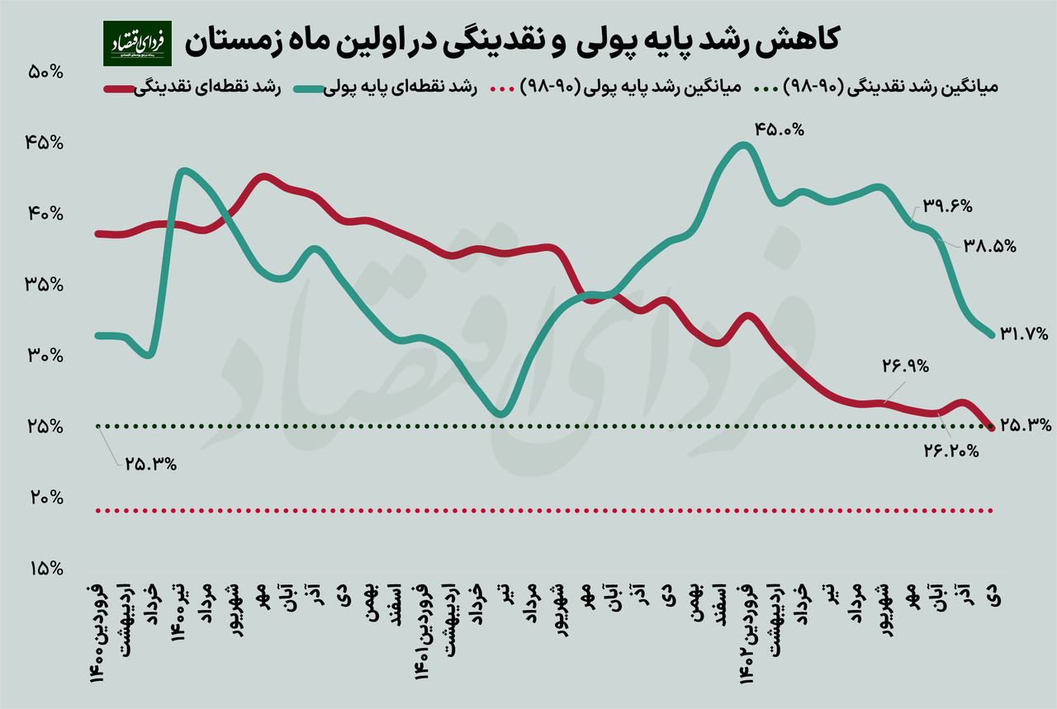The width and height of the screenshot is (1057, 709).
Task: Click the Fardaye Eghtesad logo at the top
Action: coord(137,44)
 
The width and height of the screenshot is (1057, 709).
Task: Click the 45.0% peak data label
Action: coord(778,130)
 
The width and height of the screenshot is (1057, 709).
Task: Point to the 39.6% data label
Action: coord(948,206)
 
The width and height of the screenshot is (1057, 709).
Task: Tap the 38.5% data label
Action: coord(989,245)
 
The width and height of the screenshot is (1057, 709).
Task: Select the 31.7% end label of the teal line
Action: coord(1024,333)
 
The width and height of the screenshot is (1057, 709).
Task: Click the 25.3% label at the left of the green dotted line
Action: coord(151,463)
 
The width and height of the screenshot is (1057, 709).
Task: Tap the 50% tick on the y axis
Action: coord(46,72)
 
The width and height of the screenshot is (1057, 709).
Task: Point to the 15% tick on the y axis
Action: coord(46,569)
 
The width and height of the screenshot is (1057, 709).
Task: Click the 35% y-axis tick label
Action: coord(46,285)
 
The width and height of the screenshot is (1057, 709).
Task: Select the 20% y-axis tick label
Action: coord(46,498)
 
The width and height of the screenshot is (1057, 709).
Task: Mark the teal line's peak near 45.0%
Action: coord(743,146)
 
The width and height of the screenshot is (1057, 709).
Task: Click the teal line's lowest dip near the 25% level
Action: coord(501,414)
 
